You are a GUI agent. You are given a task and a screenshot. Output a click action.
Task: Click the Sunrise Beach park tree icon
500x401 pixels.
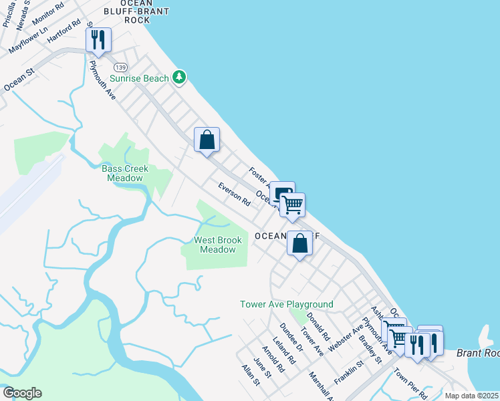click(x=178, y=78)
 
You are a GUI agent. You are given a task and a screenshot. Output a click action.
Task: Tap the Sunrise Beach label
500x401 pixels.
click(x=139, y=79)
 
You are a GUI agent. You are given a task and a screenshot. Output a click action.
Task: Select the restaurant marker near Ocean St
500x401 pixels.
click(x=98, y=39)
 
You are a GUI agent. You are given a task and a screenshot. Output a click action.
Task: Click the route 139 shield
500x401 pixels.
click(x=120, y=68)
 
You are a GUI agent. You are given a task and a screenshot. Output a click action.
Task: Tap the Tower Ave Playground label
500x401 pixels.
click(x=287, y=304)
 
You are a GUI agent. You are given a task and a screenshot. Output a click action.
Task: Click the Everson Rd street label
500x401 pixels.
click(x=233, y=193)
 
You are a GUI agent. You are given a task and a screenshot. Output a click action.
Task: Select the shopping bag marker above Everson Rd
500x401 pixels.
click(x=207, y=140)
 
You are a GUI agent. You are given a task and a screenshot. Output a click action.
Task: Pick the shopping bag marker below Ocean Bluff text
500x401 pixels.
click(x=300, y=243)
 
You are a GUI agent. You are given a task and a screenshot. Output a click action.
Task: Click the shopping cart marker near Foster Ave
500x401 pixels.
click(x=292, y=205)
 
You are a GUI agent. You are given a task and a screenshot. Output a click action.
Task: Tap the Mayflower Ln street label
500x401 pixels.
click(x=29, y=39)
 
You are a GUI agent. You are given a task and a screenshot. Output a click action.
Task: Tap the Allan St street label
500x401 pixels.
click(x=251, y=375)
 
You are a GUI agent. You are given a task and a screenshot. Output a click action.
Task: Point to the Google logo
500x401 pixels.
click(x=22, y=393)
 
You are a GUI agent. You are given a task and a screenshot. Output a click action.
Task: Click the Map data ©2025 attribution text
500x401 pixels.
click(x=471, y=396)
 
